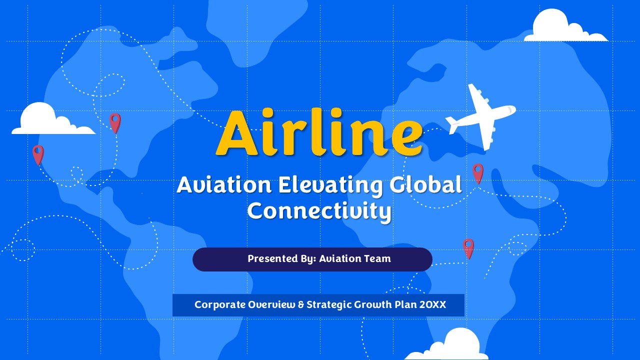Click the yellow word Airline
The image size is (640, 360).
[x=319, y=132]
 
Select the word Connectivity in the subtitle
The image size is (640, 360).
[x=319, y=211]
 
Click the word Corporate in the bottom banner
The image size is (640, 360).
[x=219, y=305]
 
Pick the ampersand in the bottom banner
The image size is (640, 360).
[x=301, y=304]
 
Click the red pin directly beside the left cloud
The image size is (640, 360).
[x=115, y=123]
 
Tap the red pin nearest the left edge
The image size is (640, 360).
[x=38, y=155]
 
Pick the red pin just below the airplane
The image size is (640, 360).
[x=478, y=173]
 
